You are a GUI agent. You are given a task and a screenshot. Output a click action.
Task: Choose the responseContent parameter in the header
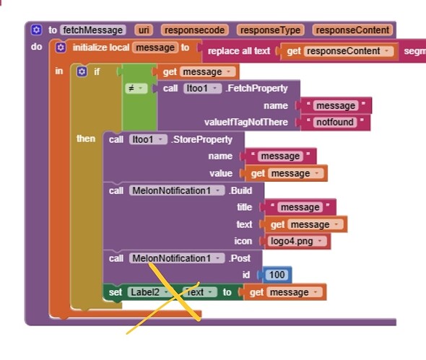(x=352, y=30)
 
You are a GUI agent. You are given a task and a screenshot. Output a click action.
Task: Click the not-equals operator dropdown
(x=136, y=88)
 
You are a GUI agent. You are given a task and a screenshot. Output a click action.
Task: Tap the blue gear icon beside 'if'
(x=82, y=71)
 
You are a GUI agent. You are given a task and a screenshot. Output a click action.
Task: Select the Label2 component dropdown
(x=151, y=292)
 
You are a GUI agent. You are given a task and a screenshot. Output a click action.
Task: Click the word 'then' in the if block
(x=86, y=138)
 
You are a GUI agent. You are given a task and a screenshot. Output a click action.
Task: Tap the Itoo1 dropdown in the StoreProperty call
(x=147, y=139)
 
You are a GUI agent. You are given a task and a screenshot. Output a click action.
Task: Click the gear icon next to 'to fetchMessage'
(x=36, y=30)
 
